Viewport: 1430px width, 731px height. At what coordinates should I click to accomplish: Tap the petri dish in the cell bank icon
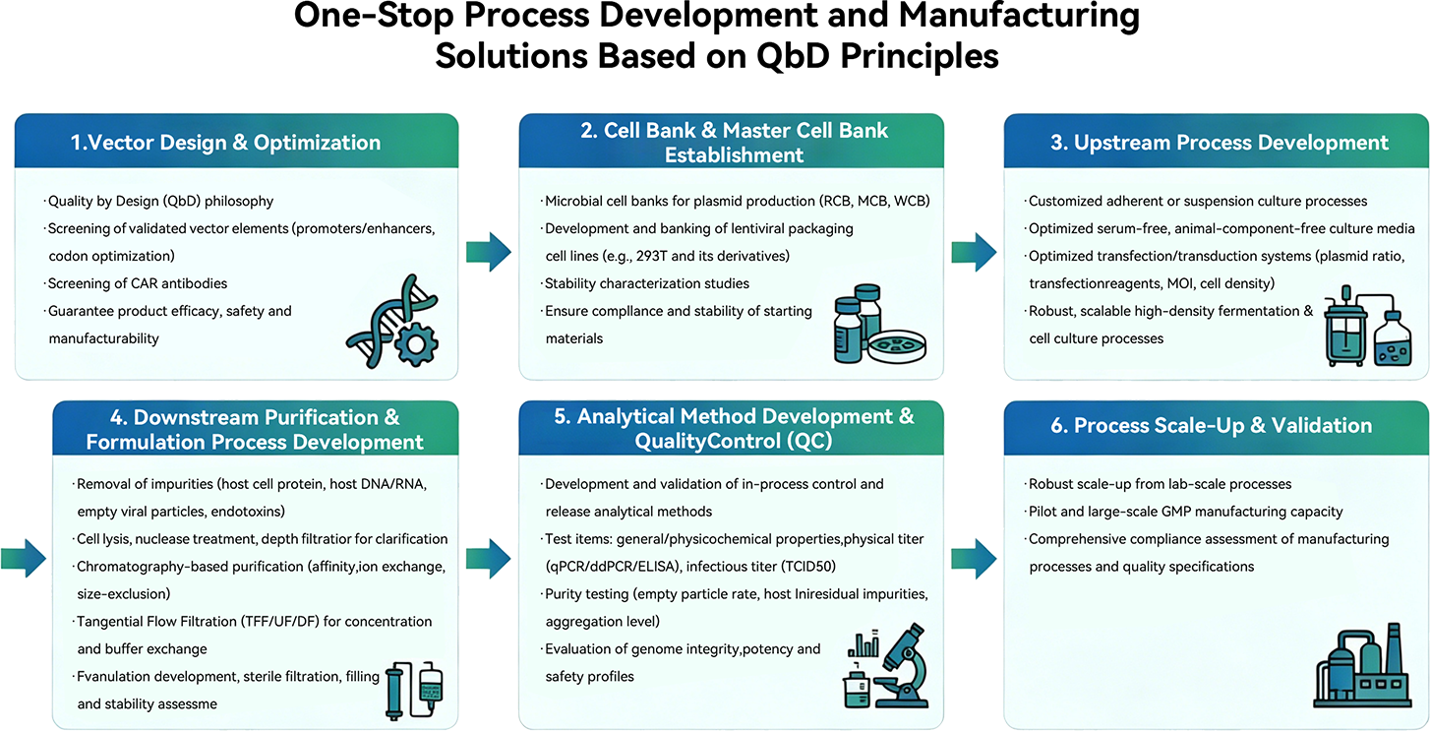click(897, 346)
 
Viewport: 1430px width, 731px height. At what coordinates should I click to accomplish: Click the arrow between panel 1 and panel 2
click(489, 252)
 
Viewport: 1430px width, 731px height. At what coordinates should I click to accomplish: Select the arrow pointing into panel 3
click(974, 252)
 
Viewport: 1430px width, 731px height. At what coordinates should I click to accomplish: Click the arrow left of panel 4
click(24, 559)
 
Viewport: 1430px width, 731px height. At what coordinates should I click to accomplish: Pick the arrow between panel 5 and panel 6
click(974, 559)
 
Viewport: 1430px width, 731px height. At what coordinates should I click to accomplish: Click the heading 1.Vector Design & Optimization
click(225, 143)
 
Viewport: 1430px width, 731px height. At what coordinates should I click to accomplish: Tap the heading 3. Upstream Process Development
click(1220, 143)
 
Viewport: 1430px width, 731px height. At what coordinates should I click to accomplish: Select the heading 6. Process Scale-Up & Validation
click(1211, 425)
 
